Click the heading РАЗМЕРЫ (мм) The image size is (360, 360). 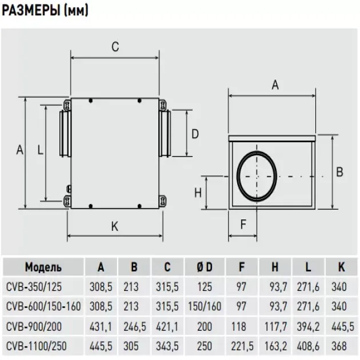(45, 11)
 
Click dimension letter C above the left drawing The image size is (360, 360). (115, 47)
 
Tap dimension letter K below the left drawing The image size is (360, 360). (115, 227)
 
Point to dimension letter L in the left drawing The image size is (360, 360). (39, 150)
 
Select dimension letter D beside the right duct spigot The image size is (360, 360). (195, 134)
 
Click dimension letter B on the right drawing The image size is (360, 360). (338, 171)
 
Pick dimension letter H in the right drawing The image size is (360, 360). (197, 193)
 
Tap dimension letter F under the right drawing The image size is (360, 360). (243, 225)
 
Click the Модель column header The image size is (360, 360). (43, 267)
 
